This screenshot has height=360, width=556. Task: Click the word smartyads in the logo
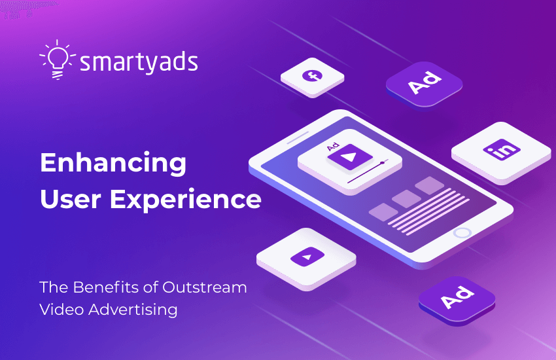point(138,63)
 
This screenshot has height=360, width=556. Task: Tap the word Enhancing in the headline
point(113,162)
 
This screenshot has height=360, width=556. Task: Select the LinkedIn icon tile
point(500,150)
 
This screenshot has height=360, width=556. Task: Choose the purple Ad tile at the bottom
point(456,298)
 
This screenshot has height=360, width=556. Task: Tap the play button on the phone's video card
point(351,158)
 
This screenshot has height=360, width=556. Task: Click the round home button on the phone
point(462,232)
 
